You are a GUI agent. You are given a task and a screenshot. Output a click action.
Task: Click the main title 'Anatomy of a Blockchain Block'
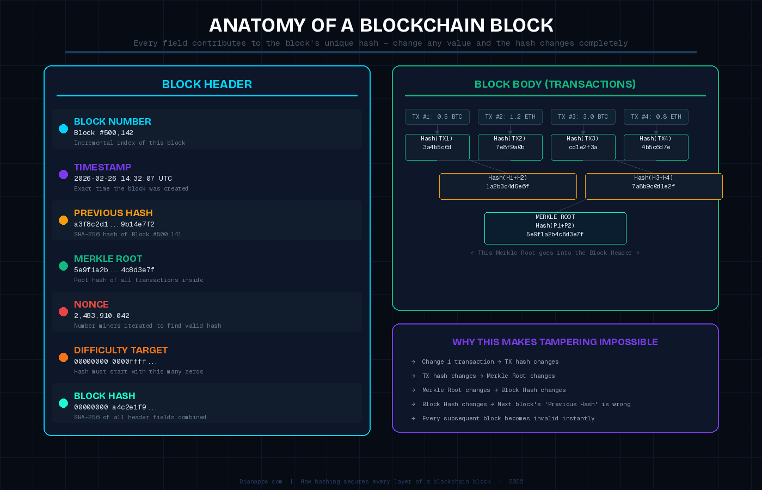[381, 25]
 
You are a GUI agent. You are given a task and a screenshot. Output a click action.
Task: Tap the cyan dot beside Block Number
[63, 128]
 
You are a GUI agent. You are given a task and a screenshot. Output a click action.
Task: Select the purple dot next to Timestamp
[63, 174]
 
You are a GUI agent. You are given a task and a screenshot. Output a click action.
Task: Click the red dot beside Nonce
[63, 311]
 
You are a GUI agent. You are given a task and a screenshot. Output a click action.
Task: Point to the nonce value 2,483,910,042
[102, 316]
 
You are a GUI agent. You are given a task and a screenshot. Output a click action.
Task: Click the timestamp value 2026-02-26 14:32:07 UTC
[123, 179]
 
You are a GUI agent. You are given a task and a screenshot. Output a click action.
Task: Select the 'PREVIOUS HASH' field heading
[113, 213]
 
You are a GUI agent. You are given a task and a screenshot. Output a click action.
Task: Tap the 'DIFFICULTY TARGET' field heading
[121, 350]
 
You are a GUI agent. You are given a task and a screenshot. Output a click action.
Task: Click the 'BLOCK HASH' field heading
[105, 396]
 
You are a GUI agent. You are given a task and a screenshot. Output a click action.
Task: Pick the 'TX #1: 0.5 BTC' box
[437, 117]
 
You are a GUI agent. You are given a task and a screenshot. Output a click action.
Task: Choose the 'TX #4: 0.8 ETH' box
[656, 117]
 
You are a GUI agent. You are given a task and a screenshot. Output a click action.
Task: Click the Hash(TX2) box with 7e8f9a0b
[510, 147]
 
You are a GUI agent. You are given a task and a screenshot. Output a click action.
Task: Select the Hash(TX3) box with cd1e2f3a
[583, 147]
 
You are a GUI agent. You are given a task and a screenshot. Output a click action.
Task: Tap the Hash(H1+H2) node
[508, 186]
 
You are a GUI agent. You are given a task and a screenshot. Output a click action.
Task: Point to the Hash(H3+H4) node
[654, 186]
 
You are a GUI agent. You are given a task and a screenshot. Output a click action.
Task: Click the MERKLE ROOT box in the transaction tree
[555, 228]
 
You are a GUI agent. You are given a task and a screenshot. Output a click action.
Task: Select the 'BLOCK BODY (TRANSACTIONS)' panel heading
[555, 84]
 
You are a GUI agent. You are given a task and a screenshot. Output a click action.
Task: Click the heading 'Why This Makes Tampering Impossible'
[555, 342]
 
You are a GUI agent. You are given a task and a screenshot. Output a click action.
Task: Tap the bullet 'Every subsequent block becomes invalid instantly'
[508, 419]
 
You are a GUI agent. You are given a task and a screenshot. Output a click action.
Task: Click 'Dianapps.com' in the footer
[261, 482]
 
